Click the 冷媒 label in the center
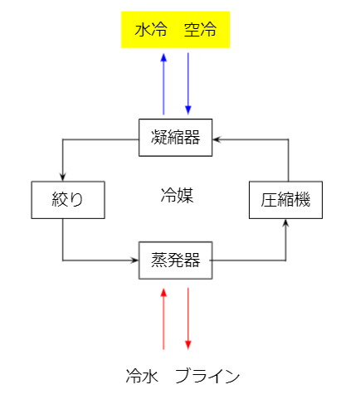click(x=177, y=195)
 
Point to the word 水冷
click(x=151, y=29)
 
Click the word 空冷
click(x=200, y=29)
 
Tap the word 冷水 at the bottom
click(x=142, y=376)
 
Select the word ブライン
click(x=207, y=376)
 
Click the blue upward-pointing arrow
click(x=163, y=84)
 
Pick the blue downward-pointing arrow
click(x=188, y=84)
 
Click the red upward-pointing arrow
click(x=163, y=319)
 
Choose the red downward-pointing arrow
click(x=188, y=319)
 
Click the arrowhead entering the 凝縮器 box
click(x=216, y=139)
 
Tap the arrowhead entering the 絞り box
click(x=63, y=178)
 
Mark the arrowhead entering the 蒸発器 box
click(x=134, y=260)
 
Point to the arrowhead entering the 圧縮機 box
click(x=285, y=223)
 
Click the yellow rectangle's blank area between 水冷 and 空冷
click(x=176, y=30)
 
